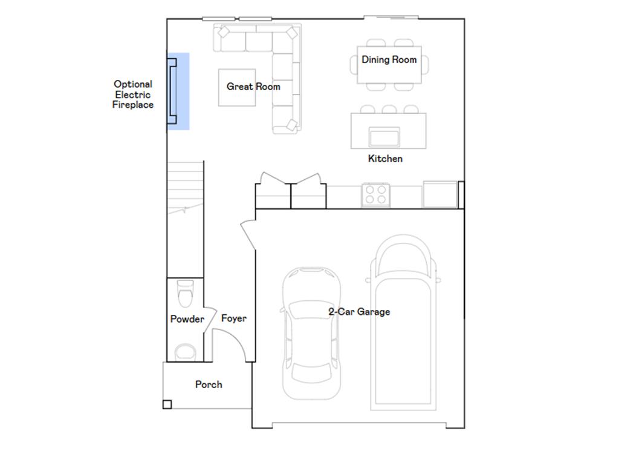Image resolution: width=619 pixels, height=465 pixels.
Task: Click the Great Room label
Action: point(253,87)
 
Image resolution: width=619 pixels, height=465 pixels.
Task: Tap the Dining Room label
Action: point(389,60)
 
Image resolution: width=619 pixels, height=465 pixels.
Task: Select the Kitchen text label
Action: point(385,159)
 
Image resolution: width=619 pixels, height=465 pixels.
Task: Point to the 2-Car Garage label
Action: point(359,312)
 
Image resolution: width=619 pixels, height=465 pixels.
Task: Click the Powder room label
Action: point(187,319)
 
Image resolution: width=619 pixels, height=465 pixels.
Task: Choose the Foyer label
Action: point(234,318)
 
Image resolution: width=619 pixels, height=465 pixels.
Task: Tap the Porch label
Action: point(209,384)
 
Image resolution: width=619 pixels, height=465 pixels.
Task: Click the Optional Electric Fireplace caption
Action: point(133,94)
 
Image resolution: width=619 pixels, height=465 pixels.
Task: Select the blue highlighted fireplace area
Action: point(178,91)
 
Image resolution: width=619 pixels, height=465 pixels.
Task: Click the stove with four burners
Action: point(376,195)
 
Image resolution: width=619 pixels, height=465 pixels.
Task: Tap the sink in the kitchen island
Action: point(384,137)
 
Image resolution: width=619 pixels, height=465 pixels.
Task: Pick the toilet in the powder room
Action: point(186,294)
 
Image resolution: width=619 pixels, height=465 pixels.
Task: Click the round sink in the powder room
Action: point(185,352)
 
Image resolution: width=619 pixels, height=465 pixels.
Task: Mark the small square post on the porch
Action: point(167,404)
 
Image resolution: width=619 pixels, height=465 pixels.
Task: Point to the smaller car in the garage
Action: point(311,334)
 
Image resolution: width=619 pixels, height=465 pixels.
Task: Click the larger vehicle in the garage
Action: point(403,323)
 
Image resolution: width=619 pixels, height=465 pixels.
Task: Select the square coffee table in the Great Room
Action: point(237,88)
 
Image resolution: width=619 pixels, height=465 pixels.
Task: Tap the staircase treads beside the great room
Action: point(185,188)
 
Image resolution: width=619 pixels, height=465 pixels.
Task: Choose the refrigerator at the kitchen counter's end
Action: point(440,194)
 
